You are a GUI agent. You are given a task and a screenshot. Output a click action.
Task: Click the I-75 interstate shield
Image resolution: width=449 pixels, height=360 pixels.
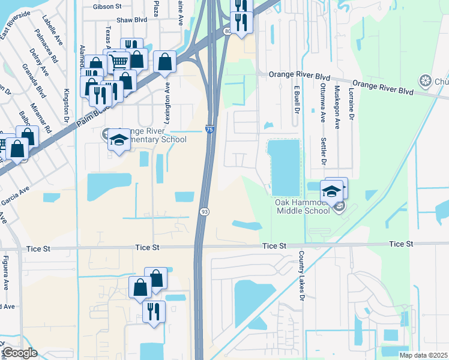tap(209, 129)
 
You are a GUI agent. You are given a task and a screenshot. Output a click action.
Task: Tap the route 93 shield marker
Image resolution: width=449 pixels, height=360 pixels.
tap(205, 212)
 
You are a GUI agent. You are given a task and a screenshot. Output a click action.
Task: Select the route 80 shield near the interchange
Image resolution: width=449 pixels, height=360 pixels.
tap(227, 31)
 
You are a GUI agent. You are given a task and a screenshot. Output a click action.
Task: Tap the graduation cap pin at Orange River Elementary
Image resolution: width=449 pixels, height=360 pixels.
tap(119, 140)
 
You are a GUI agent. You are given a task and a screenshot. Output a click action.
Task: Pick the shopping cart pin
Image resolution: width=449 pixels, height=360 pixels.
tap(119, 61)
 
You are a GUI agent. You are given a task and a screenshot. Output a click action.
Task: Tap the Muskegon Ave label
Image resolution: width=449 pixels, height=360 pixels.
tap(337, 102)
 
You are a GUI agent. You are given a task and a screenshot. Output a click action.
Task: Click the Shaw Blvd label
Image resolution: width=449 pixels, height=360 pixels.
tap(132, 20)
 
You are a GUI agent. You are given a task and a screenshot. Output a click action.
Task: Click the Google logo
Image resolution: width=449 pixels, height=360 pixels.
tap(19, 353)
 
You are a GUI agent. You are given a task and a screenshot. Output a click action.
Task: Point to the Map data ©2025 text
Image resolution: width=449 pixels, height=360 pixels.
tap(423, 355)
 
